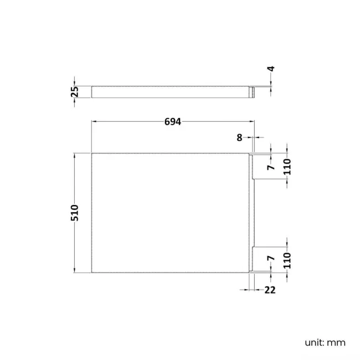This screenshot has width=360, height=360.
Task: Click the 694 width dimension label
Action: coord(173,122)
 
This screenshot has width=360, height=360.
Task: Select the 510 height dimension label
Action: coord(75,213)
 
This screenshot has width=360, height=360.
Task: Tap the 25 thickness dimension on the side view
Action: coord(75,91)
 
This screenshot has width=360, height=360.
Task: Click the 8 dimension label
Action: coord(239,137)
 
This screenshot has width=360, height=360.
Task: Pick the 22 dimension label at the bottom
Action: coord(270,289)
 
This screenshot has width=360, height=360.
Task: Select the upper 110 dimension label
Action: coord(287,167)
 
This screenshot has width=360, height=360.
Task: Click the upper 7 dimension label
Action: coord(271,167)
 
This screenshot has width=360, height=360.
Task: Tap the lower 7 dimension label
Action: coord(271,259)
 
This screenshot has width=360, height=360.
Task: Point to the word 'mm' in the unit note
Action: coord(336,342)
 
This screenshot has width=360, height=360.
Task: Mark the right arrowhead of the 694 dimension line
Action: coord(252,122)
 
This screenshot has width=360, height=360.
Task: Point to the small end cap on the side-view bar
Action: coord(253,92)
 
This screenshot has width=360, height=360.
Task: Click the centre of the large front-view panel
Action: coord(171,213)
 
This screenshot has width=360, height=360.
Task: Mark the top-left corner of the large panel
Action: coord(91,153)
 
